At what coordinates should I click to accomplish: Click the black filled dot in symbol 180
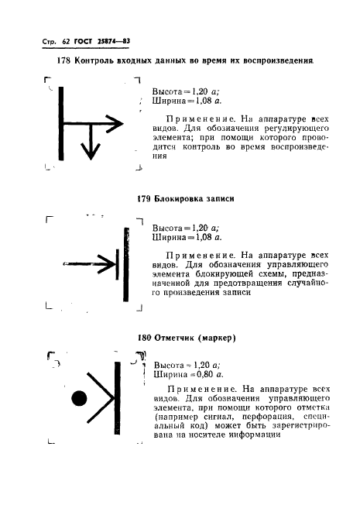[x=79, y=397]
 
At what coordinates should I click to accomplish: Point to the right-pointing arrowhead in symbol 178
[x=115, y=124]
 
